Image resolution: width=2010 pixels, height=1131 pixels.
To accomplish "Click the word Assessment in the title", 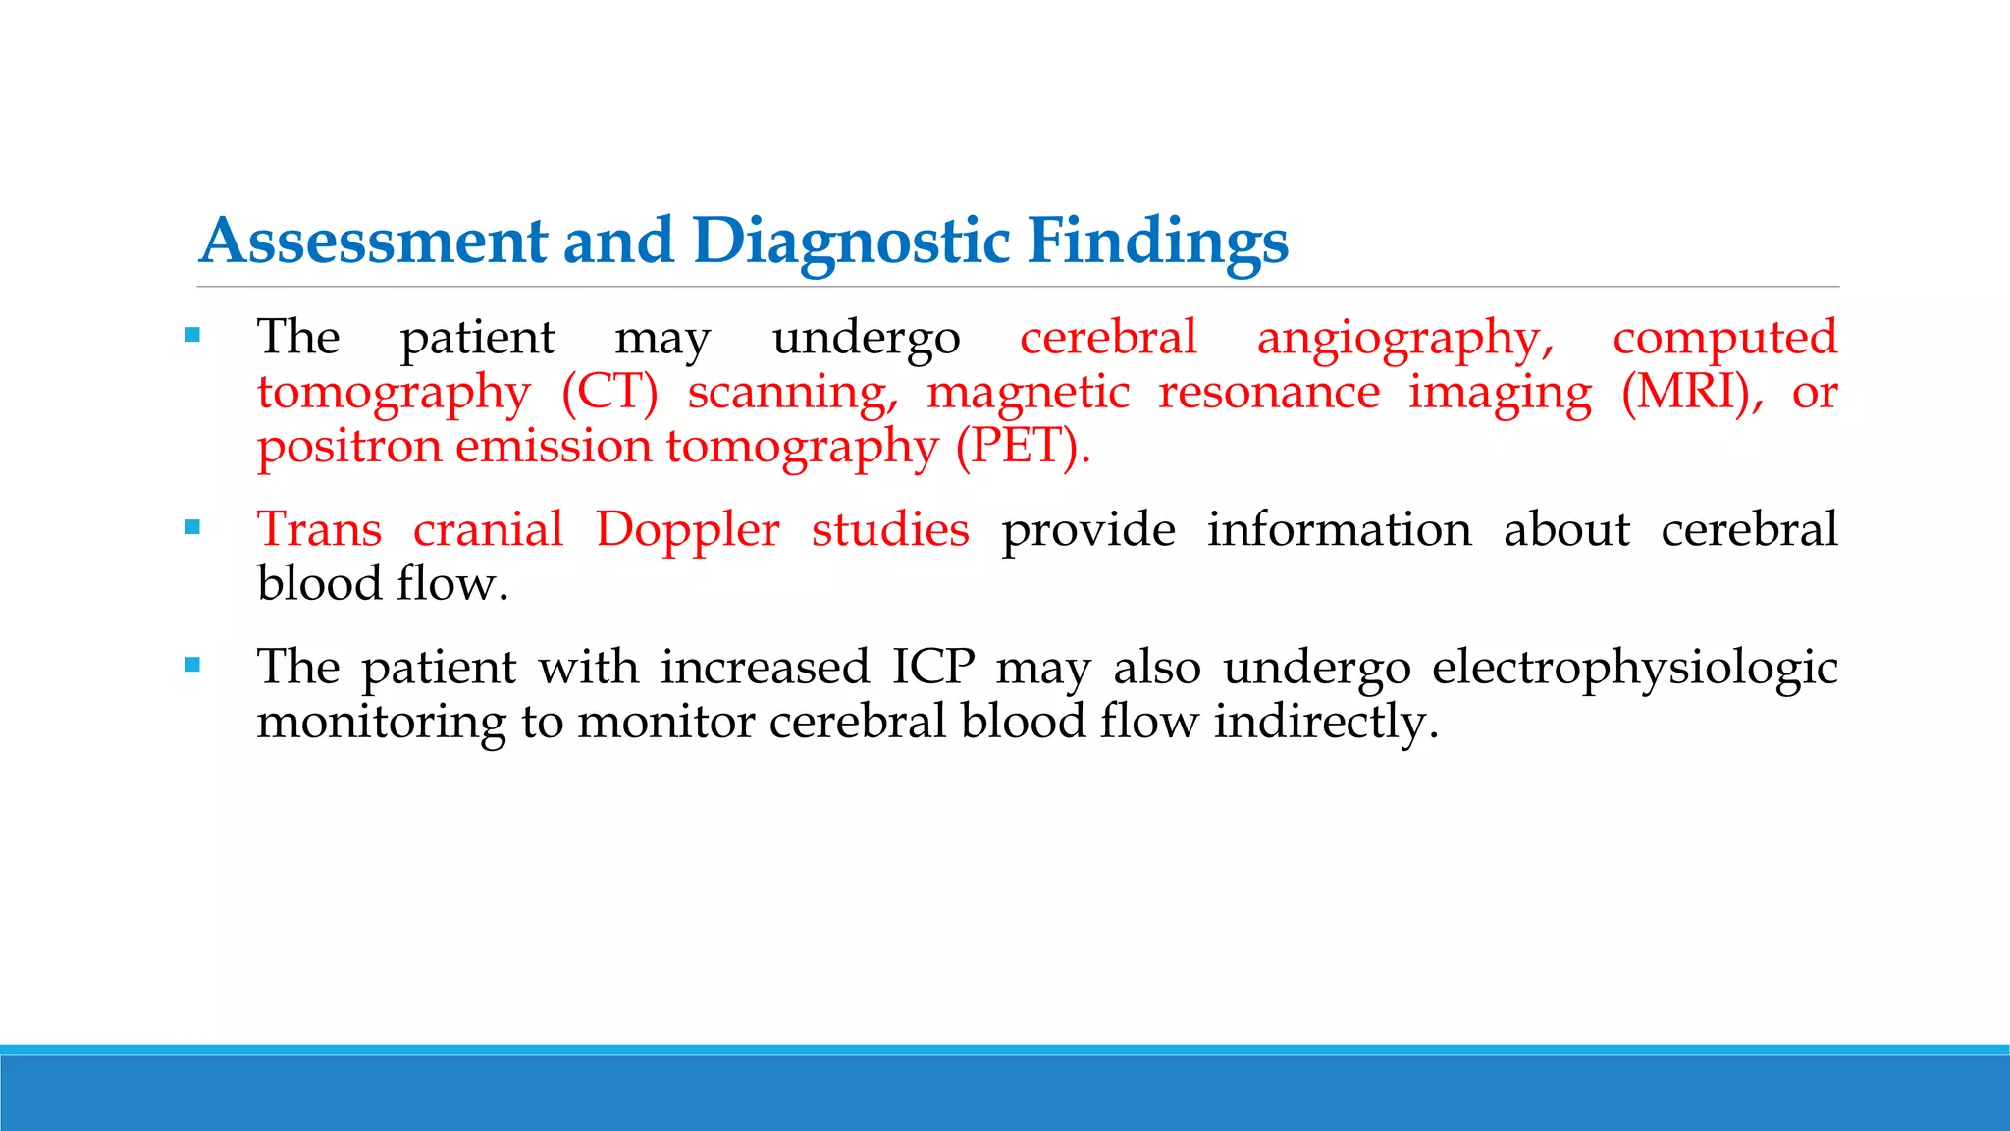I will coord(374,242).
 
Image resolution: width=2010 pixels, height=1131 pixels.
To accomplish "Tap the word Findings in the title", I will coord(1158,242).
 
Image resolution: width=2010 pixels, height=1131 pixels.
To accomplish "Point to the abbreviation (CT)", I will coord(609,393).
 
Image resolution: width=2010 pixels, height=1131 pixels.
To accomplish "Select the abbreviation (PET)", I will coord(1023,447).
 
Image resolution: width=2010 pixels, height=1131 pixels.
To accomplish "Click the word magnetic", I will coord(1029,393).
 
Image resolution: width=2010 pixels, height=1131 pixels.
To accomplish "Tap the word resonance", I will coord(1269,393).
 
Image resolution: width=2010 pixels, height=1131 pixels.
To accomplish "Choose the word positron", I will coord(349,447).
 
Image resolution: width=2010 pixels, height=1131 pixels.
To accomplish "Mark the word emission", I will coord(554,447).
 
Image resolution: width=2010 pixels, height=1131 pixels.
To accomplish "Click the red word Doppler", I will coord(687,531).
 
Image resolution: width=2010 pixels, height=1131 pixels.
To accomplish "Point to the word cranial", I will coord(488,530).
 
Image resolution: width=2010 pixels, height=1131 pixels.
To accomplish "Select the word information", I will coord(1339,530).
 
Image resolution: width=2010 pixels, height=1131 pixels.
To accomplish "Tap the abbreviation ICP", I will coord(933,668).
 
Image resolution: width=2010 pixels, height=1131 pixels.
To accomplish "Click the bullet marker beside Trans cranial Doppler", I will coord(192,528).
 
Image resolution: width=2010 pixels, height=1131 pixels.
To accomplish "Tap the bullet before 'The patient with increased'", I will coord(192,666).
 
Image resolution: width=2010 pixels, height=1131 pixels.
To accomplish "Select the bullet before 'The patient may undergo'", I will coord(192,336).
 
